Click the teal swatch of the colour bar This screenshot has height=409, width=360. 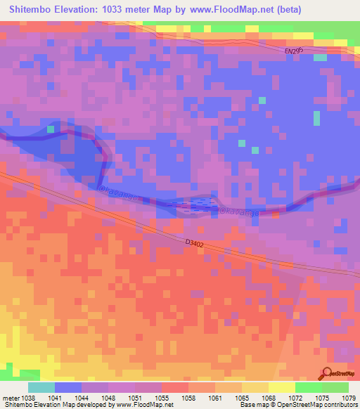point(41,387)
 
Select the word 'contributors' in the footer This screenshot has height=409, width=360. point(336,405)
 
